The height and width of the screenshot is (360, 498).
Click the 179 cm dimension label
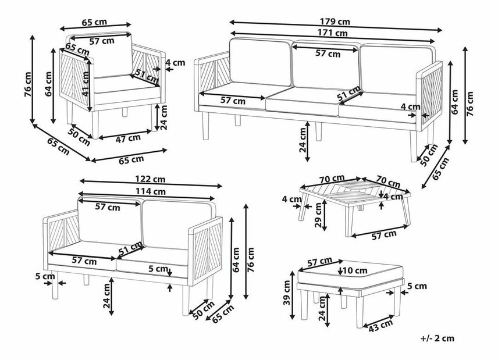click(335, 22)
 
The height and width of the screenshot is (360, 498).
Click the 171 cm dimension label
click(333, 33)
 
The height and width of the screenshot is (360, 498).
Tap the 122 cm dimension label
click(150, 179)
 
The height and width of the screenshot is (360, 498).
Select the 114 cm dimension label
click(151, 191)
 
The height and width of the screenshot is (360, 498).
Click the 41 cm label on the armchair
click(86, 84)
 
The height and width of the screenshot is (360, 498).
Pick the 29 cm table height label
click(318, 215)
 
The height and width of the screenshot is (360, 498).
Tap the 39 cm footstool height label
click(287, 293)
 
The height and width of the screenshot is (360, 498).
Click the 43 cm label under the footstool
click(380, 326)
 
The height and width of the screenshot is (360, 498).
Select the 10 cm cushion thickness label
click(355, 270)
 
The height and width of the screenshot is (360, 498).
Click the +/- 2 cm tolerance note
click(437, 338)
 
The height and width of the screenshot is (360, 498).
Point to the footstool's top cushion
click(351, 275)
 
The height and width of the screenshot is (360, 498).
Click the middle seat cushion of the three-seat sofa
click(302, 101)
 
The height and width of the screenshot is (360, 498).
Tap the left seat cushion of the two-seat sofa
click(82, 256)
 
